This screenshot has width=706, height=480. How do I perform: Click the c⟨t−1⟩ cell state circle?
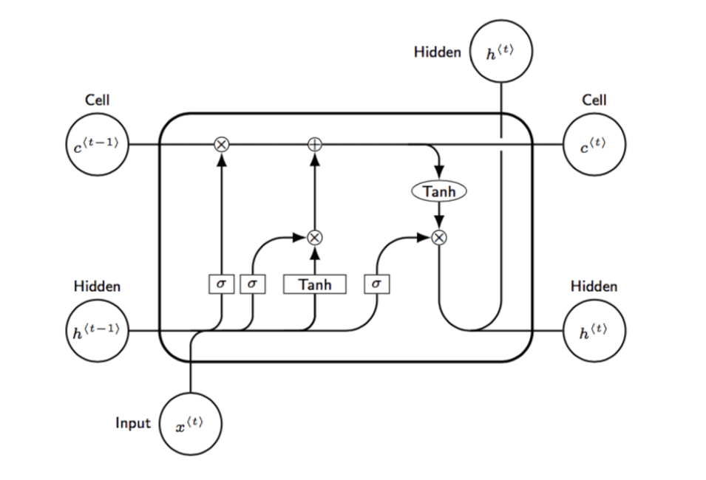(x=96, y=144)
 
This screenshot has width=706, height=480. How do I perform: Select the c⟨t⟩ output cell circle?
(x=594, y=144)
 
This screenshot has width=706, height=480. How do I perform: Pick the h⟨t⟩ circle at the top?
(x=502, y=52)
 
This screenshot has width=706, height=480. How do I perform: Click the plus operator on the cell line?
(x=315, y=144)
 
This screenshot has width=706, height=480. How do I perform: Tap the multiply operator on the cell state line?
(x=220, y=144)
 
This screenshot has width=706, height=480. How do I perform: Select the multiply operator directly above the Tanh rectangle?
(x=315, y=237)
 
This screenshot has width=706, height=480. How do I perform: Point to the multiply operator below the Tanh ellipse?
(x=439, y=237)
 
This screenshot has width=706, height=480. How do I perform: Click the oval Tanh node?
(x=439, y=191)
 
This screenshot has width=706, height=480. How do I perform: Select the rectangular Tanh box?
(x=315, y=284)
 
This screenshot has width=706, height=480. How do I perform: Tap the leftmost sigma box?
(x=220, y=284)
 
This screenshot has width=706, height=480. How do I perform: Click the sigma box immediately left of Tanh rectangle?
(x=252, y=284)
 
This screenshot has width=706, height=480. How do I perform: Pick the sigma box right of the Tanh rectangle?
(x=377, y=284)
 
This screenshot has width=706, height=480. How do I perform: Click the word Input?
(x=133, y=423)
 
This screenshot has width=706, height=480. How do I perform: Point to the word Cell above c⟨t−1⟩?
(x=97, y=100)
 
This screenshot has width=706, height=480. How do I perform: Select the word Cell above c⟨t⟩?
(x=594, y=100)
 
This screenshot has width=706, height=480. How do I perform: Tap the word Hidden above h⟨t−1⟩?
(x=97, y=286)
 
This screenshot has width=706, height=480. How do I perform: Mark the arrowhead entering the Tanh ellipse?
(x=439, y=172)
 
